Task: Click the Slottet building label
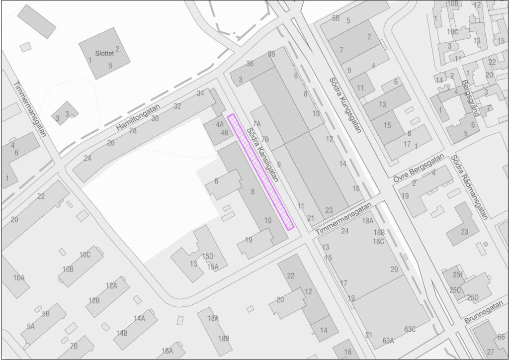[x=104, y=53]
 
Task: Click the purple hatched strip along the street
[x=260, y=172]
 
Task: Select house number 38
[x=271, y=54]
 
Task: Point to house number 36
[x=250, y=64]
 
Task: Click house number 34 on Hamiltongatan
[x=200, y=93]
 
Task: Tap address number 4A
[x=220, y=124]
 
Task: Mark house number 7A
[x=257, y=123]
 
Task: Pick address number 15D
[x=208, y=256]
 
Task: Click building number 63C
[x=410, y=329]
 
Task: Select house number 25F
[x=458, y=274]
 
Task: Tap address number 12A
[x=111, y=285]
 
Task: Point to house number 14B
[x=122, y=333]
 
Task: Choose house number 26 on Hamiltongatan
[x=111, y=143]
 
